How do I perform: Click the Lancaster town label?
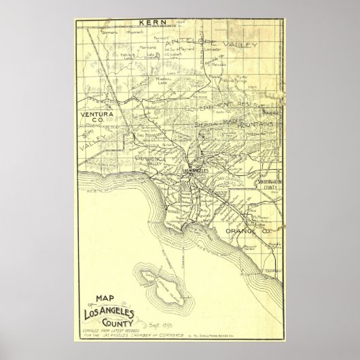[x=217, y=51]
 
